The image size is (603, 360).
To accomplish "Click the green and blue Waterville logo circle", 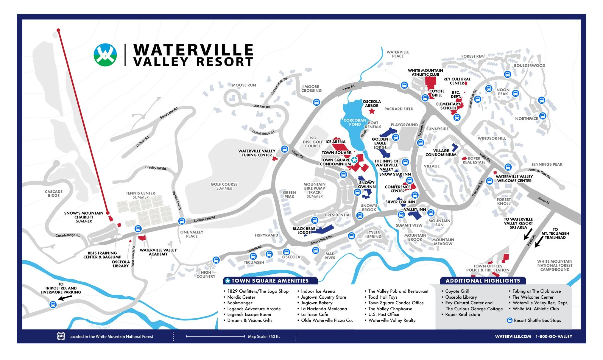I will (x=105, y=55).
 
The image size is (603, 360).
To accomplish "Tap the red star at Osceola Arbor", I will (x=372, y=111).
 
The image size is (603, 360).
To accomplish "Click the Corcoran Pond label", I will (x=355, y=122).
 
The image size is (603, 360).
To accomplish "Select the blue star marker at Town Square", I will (x=354, y=160).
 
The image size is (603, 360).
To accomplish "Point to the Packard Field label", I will (x=399, y=109).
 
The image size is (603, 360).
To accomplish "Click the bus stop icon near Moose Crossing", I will (x=317, y=102).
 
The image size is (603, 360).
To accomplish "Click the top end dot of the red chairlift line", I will (x=58, y=30).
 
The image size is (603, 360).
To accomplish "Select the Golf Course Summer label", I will (x=224, y=186).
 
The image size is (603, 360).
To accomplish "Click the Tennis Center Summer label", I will (x=140, y=195).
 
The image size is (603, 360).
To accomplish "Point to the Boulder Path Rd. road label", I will (x=204, y=219).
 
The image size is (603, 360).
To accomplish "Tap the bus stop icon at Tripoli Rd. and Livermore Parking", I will (x=53, y=305).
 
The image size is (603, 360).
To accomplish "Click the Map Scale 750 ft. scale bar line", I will (x=215, y=336).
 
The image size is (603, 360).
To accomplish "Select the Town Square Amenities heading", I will (x=270, y=280).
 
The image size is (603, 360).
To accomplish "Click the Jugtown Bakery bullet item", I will (x=317, y=303).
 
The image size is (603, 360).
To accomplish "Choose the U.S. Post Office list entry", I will (x=384, y=314).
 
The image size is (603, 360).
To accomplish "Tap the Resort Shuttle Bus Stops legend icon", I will (x=509, y=320).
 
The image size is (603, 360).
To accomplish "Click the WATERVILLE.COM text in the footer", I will (x=513, y=336).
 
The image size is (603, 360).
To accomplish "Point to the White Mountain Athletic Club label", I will (x=425, y=72).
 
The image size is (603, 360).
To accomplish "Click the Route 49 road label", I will (x=544, y=200).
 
